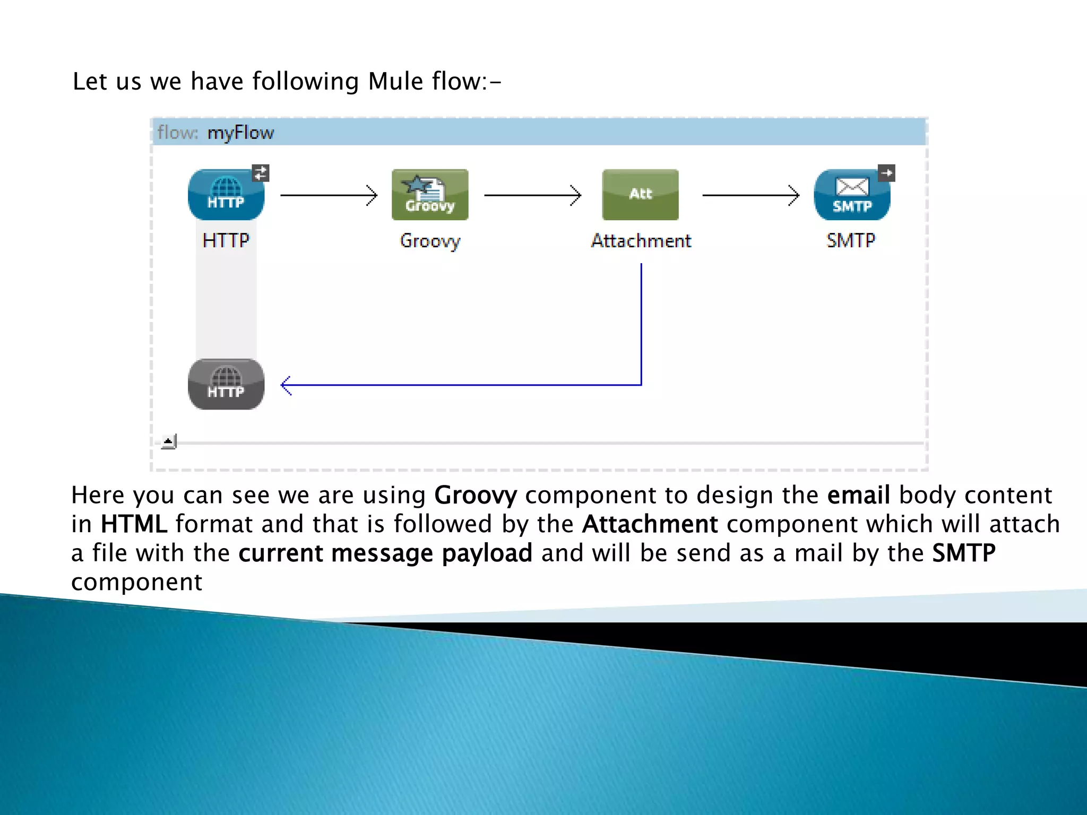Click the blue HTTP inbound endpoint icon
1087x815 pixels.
pyautogui.click(x=226, y=195)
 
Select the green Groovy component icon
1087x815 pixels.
pyautogui.click(x=430, y=195)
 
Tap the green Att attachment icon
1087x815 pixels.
pyautogui.click(x=640, y=195)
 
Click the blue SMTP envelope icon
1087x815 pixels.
pyautogui.click(x=851, y=195)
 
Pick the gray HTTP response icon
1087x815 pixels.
pyautogui.click(x=226, y=384)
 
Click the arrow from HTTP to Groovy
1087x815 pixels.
pyautogui.click(x=329, y=195)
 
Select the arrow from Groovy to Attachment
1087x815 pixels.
pyautogui.click(x=532, y=195)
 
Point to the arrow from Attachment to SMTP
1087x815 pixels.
pyautogui.click(x=750, y=195)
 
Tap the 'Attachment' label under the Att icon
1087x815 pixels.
pyautogui.click(x=641, y=241)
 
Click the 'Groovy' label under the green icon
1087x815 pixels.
pyautogui.click(x=430, y=241)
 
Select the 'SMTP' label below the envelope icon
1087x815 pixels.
pyautogui.click(x=851, y=241)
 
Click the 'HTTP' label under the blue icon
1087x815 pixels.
pyautogui.click(x=226, y=241)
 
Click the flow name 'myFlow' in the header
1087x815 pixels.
pyautogui.click(x=240, y=133)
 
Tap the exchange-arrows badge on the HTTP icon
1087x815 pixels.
pyautogui.click(x=261, y=173)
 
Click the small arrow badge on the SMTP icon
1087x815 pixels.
pyautogui.click(x=886, y=173)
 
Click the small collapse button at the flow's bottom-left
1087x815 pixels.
pyautogui.click(x=168, y=441)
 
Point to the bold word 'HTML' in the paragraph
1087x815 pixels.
pyautogui.click(x=134, y=524)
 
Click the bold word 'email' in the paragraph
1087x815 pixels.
pyautogui.click(x=858, y=495)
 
